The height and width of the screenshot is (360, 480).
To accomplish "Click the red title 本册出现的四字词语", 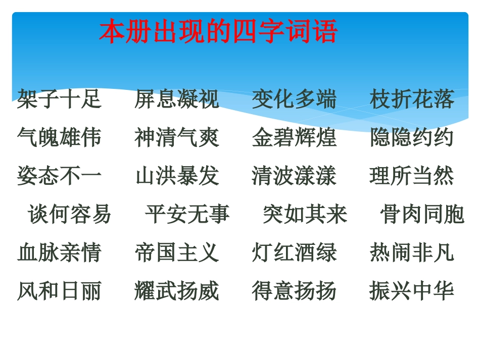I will tap(218, 32).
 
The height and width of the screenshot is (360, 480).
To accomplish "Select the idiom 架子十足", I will tap(59, 99).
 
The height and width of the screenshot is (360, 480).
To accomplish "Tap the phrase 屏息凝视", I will tap(177, 99).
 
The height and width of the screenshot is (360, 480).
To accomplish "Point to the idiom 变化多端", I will tap(294, 99).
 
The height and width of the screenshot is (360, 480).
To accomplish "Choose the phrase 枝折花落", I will tap(412, 99).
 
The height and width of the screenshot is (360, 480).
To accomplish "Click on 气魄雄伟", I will tap(59, 137).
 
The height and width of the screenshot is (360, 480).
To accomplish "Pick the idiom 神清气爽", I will tap(177, 137).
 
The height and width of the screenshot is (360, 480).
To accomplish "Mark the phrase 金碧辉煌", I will tap(294, 137).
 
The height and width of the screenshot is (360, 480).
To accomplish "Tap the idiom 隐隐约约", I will tap(412, 137).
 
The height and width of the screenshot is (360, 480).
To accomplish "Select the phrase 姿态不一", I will tap(59, 176).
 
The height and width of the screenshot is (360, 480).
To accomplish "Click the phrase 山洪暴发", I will tap(177, 176).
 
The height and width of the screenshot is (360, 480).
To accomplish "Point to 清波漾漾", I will tap(294, 176).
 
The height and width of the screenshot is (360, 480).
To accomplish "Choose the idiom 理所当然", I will tap(412, 176).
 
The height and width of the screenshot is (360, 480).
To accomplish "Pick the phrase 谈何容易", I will tap(70, 214).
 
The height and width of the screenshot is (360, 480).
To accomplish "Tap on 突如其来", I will tap(305, 214).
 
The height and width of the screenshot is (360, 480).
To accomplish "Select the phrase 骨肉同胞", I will tap(422, 214).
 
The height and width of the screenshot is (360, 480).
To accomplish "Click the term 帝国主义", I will tap(177, 252).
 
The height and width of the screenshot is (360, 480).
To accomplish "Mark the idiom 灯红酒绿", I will tap(294, 252).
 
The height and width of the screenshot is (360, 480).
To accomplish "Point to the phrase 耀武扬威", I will tap(177, 291).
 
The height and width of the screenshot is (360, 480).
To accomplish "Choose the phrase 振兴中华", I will tap(412, 291).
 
